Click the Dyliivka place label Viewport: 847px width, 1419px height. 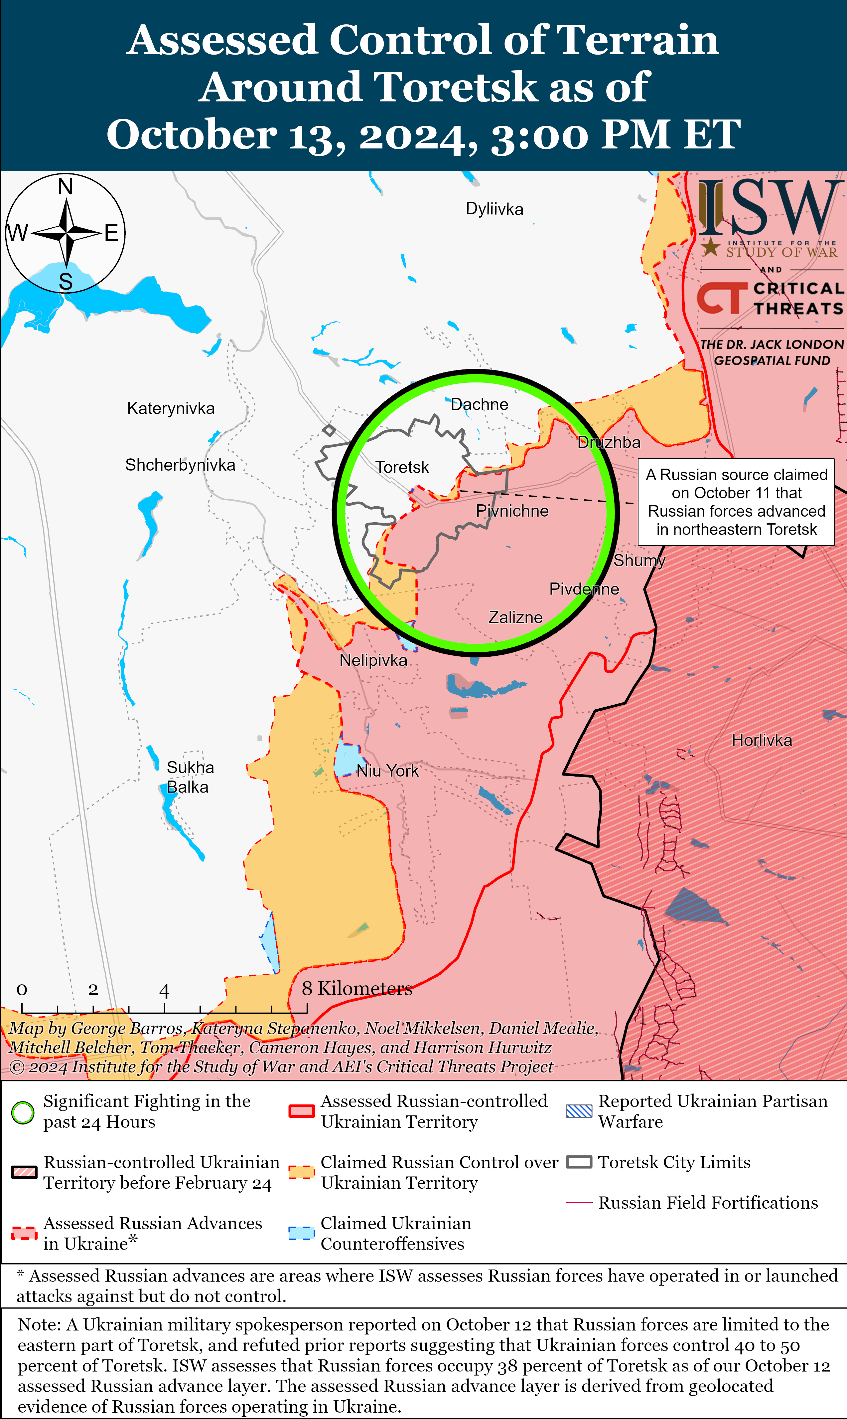click(494, 209)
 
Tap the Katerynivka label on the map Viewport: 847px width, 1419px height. click(171, 408)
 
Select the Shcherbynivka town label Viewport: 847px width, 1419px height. click(180, 465)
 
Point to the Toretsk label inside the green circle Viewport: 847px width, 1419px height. click(402, 467)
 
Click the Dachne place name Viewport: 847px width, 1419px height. click(480, 404)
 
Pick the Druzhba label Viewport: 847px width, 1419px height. click(609, 442)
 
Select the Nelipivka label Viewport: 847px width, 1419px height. click(373, 660)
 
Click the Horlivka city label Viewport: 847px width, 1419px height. click(762, 740)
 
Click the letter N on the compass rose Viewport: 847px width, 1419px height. click(66, 187)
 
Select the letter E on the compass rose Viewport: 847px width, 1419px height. click(111, 233)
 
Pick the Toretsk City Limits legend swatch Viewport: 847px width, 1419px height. click(579, 1162)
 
